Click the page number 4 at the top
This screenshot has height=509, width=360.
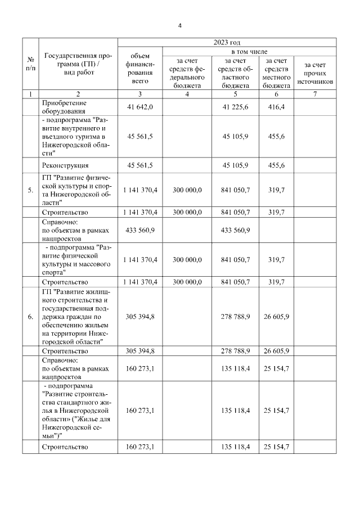coord(179,25)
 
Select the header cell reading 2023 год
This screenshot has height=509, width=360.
coord(227,42)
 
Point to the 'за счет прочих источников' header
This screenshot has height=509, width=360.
coord(315,73)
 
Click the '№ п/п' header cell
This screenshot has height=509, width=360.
coord(30,64)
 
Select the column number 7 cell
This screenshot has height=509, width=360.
coord(315,94)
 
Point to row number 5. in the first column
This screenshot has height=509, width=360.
coord(30,190)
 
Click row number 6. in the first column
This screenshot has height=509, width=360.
coord(30,317)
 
